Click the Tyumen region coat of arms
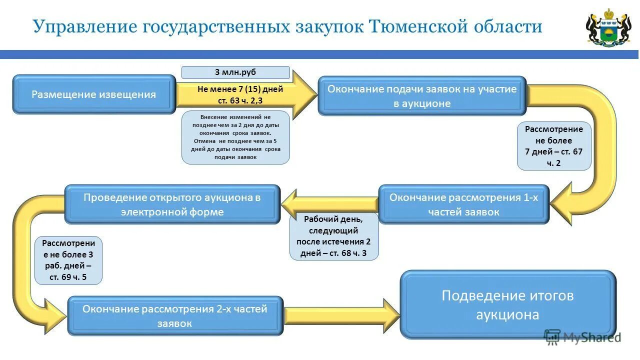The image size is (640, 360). point(608,27)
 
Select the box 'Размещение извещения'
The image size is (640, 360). point(94,94)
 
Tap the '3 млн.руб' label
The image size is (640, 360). point(235,72)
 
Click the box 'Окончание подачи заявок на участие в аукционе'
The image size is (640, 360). point(422,96)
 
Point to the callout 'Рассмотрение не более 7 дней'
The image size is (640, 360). point(553,146)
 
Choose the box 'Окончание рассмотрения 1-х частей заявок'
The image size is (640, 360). point(463,204)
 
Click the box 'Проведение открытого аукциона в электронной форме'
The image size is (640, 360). point(172,204)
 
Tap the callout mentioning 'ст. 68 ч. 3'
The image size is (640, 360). point(334,236)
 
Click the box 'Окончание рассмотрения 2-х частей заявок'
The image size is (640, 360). point(175,315)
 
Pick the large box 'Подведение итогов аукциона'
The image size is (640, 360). point(507,304)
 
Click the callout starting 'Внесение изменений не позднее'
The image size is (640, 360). point(235,137)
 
